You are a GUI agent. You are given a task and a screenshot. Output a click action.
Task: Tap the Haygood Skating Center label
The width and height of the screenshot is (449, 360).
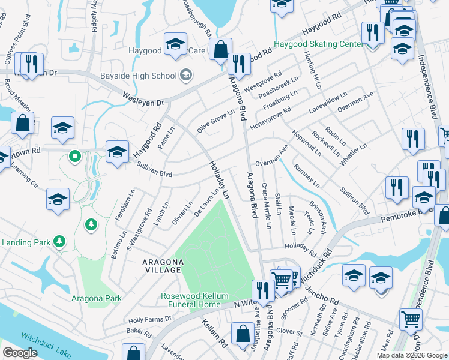click(x=318, y=44)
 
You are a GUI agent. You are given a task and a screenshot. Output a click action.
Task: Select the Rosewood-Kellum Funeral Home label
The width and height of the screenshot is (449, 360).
click(x=190, y=300)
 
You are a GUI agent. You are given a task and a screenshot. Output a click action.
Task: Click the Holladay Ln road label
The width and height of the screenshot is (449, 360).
click(x=219, y=180)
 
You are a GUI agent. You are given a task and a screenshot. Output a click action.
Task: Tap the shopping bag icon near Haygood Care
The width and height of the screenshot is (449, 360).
click(x=220, y=50)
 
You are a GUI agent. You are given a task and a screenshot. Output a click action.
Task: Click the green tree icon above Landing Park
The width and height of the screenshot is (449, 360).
click(x=91, y=224)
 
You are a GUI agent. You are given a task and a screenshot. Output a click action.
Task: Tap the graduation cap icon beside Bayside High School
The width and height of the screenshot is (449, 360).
click(x=187, y=75)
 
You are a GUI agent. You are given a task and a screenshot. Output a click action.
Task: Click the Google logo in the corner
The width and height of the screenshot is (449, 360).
click(x=20, y=353)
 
